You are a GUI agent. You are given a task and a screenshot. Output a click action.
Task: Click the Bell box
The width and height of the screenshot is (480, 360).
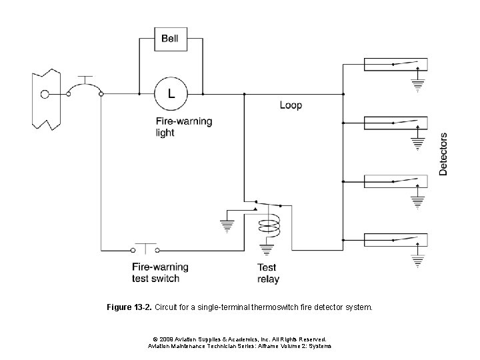170,39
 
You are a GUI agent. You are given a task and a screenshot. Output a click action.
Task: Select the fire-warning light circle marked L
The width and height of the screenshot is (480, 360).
170,94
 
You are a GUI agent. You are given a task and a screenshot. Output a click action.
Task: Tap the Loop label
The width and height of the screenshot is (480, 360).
290,105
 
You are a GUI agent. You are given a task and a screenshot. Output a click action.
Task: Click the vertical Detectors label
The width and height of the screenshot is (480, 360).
443,154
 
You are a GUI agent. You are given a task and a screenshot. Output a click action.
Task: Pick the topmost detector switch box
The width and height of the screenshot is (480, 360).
395,65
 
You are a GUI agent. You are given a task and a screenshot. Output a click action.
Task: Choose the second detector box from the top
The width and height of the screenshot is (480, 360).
395,123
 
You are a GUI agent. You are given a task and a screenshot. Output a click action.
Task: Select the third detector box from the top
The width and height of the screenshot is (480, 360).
395,181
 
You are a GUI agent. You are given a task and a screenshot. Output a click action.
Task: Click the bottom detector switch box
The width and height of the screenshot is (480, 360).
395,239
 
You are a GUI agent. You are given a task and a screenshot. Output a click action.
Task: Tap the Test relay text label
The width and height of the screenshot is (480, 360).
268,273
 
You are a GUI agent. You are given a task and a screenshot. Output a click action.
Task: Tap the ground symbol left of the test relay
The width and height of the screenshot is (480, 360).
227,224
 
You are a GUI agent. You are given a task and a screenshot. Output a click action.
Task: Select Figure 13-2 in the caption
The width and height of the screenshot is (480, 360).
128,308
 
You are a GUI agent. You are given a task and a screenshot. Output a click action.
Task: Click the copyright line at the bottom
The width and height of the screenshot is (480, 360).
239,339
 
